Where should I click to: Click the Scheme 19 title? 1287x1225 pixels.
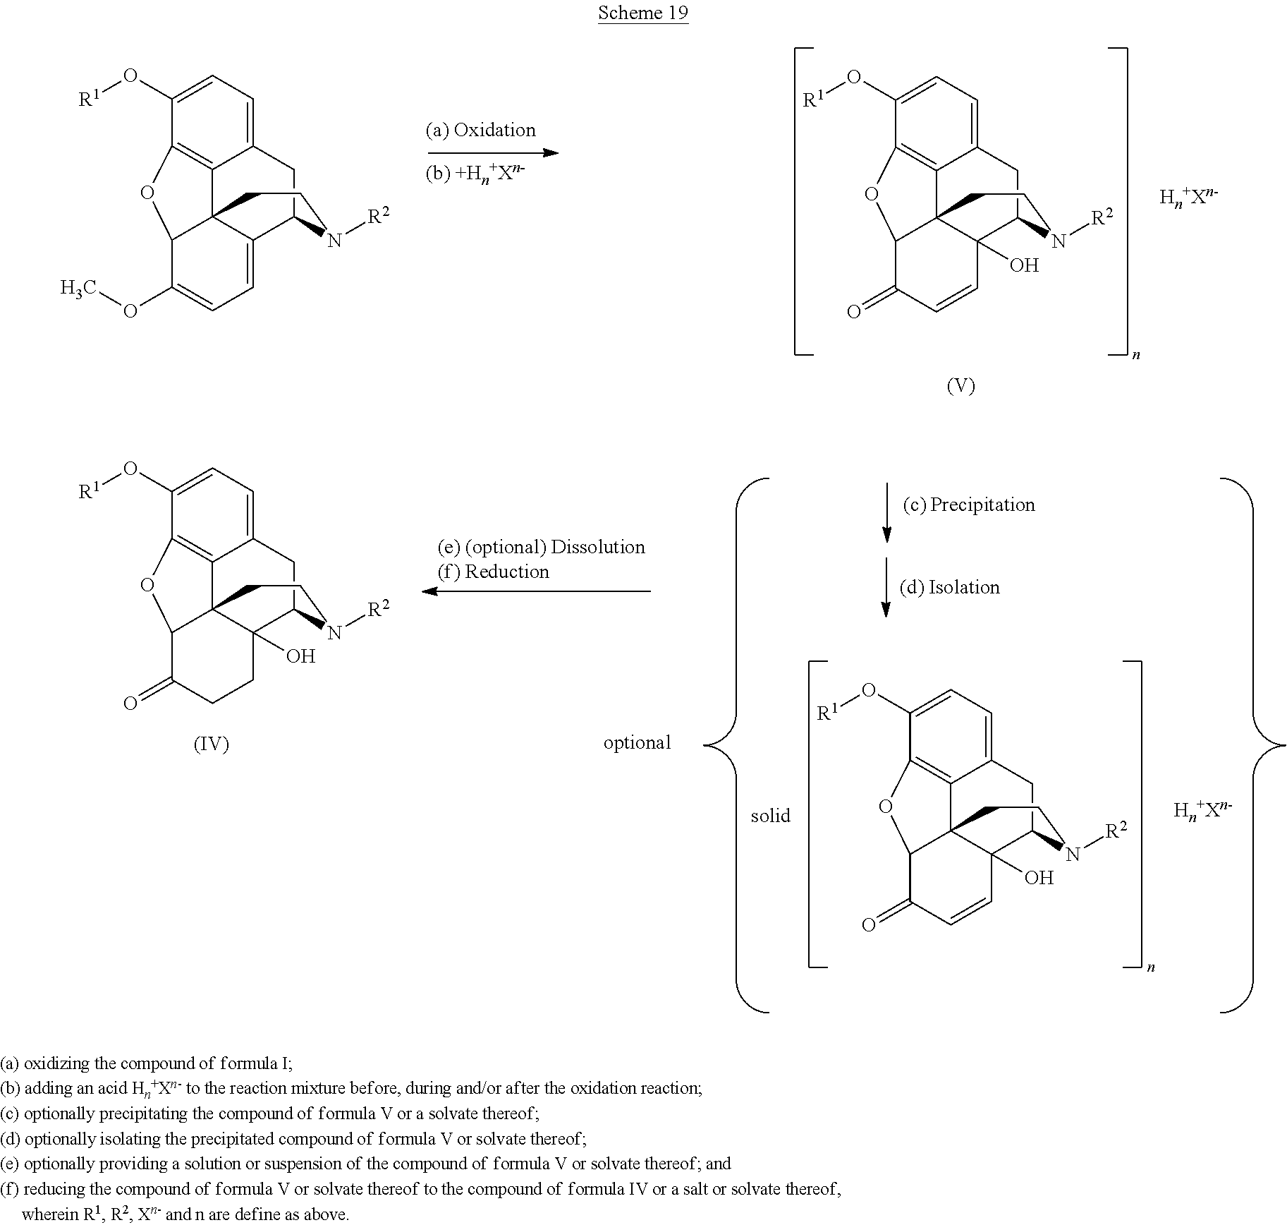pos(643,13)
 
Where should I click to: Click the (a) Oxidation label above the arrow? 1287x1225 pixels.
pos(480,130)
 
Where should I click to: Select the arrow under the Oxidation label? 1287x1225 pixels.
pos(493,152)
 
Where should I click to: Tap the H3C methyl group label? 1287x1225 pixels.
pos(78,288)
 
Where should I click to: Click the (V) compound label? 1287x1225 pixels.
pos(960,385)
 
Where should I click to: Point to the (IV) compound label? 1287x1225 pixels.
pos(212,744)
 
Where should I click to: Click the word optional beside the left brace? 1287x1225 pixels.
pos(638,742)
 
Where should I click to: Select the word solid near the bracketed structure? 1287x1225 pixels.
pos(771,816)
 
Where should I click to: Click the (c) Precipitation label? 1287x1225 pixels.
pos(969,505)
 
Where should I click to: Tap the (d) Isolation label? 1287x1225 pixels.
pos(949,587)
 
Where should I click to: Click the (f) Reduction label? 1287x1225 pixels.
pos(493,572)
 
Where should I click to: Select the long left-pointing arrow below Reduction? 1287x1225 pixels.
pos(536,591)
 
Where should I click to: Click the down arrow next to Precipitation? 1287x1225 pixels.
pos(886,512)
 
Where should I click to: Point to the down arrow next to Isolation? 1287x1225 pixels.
pos(886,587)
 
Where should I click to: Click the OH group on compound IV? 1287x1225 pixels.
pos(300,656)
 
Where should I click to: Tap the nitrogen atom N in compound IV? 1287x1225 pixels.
pos(334,632)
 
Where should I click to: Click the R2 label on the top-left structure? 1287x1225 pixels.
pos(378,216)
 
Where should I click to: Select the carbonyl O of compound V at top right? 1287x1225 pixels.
pos(854,312)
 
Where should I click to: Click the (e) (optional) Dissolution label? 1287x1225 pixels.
pos(541,547)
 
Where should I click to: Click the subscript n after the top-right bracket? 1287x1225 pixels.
pos(1136,356)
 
